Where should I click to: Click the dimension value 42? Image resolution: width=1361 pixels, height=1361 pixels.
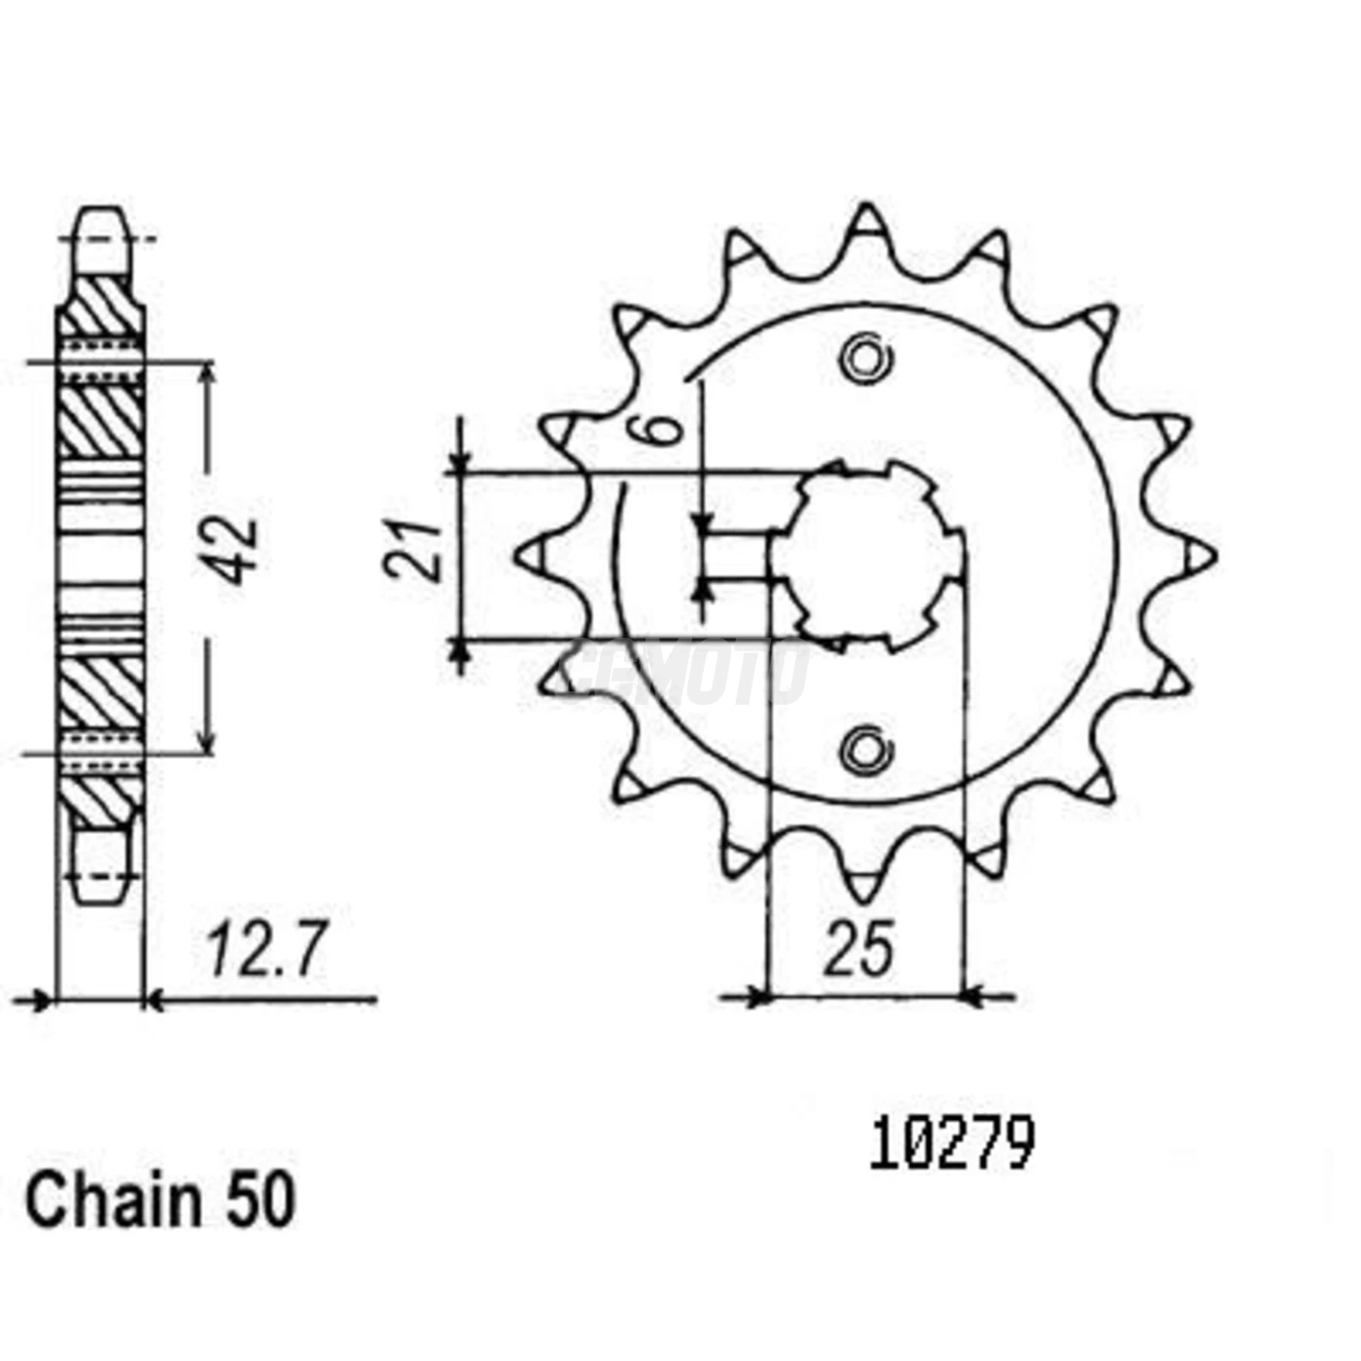[236, 552]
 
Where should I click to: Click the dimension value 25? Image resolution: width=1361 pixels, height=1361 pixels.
[857, 950]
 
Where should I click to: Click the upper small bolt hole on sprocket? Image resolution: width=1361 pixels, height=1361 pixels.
[863, 360]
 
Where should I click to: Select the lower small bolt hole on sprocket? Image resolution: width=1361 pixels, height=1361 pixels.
[863, 750]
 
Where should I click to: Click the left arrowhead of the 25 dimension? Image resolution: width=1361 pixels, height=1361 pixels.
[756, 996]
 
